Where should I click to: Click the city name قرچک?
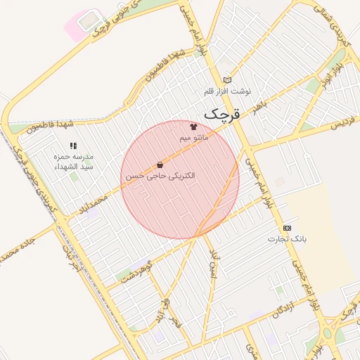tap(222, 113)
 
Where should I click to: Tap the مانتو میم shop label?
tap(193, 138)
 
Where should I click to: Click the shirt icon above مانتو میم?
tap(193, 127)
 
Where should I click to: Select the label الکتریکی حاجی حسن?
tap(160, 176)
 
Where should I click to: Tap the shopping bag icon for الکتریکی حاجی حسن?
tap(160, 165)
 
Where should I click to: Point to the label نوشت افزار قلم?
tap(227, 91)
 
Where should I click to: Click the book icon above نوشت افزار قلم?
tap(226, 80)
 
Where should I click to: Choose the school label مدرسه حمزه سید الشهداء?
tap(74, 162)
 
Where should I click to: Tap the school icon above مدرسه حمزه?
tap(73, 146)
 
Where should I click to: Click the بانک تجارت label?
tap(287, 239)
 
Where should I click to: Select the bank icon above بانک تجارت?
tap(287, 228)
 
